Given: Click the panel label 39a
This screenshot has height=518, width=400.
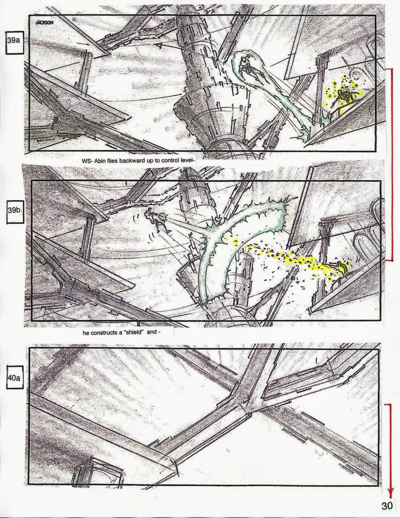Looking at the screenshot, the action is [x=14, y=40].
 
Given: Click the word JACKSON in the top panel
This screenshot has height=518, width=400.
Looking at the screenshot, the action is [x=44, y=23].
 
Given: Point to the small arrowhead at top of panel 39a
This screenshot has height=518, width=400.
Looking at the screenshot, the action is [x=157, y=45].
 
